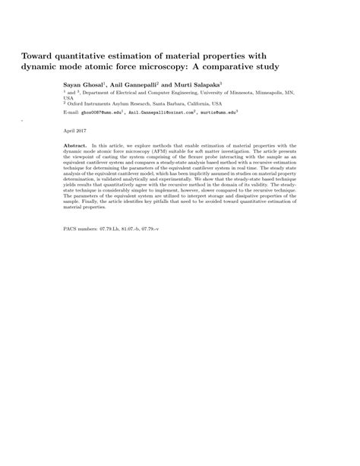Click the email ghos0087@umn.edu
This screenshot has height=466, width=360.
[x=103, y=112]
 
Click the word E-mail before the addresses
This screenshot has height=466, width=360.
[x=71, y=112]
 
